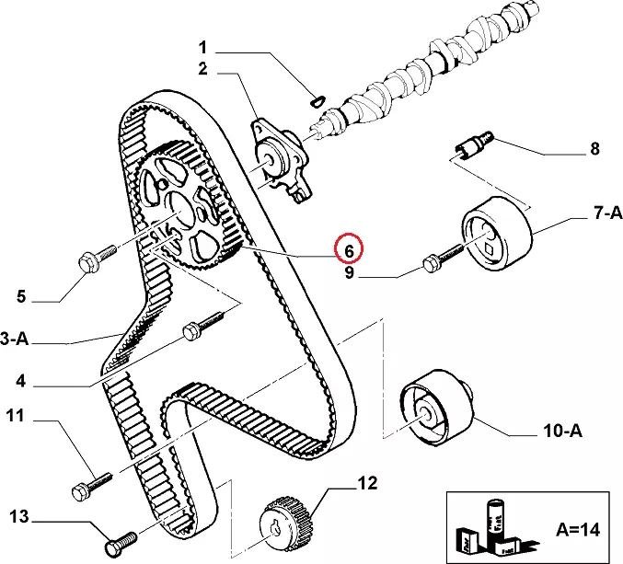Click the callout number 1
(203, 47)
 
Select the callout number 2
(203, 68)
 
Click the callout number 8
(594, 149)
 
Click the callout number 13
(18, 516)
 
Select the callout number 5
(22, 297)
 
